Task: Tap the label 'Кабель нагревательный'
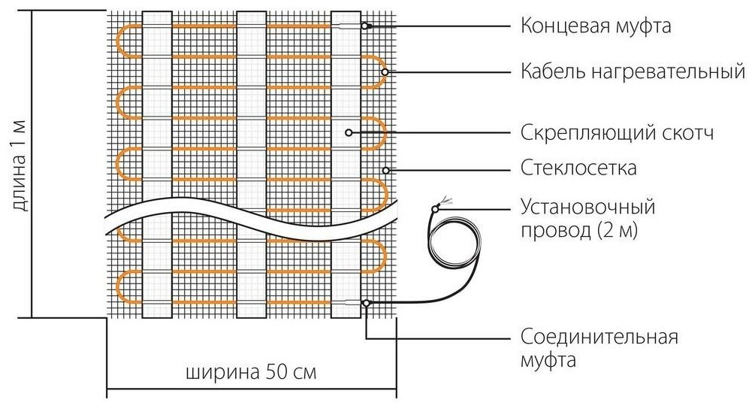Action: [x=633, y=72]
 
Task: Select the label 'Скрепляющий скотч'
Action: [x=616, y=133]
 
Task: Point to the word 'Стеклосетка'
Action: [x=578, y=168]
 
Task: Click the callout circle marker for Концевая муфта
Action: [x=366, y=26]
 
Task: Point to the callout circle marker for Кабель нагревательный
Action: [x=384, y=72]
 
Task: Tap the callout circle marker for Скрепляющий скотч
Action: [x=349, y=133]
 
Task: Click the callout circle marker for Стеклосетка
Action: [x=385, y=170]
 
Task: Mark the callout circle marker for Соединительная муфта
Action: [x=366, y=303]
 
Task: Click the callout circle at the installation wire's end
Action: [x=435, y=208]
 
